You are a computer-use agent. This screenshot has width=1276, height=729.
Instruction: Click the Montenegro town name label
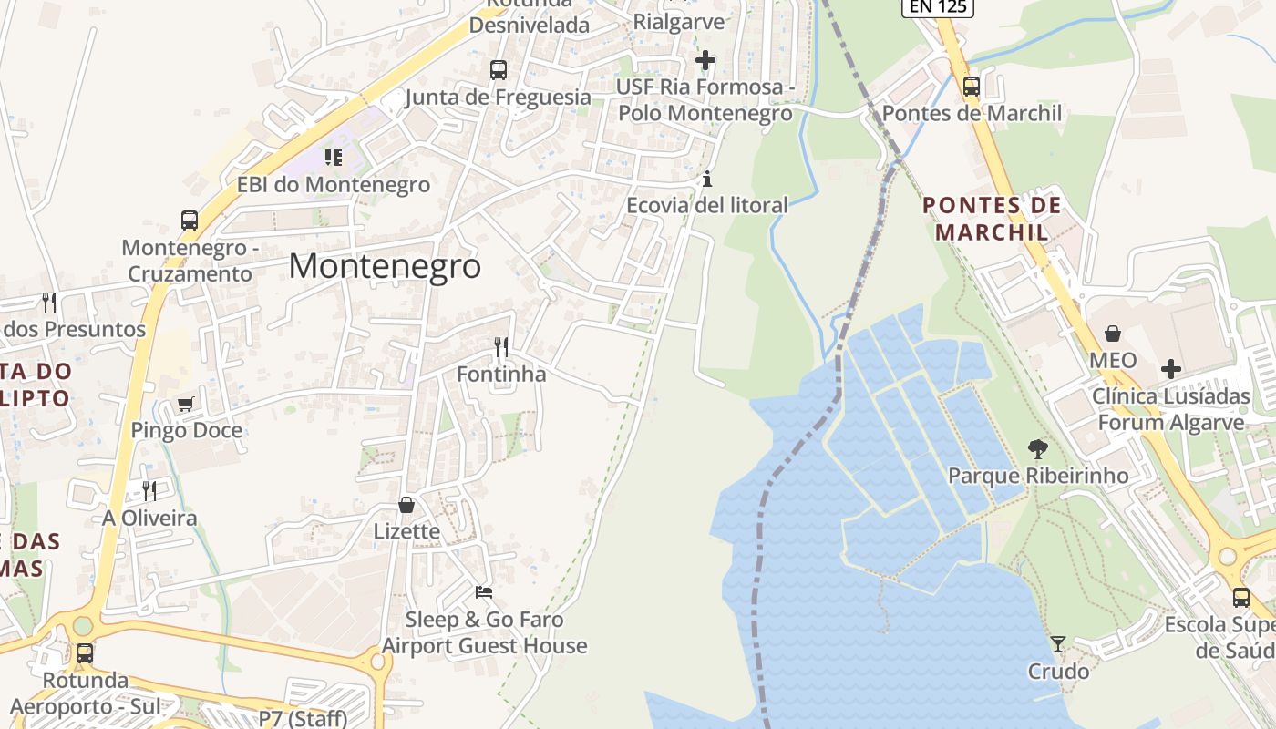click(385, 265)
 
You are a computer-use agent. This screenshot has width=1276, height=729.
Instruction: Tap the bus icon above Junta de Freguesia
click(499, 69)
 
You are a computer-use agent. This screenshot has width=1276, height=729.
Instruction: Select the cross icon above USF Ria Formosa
click(705, 60)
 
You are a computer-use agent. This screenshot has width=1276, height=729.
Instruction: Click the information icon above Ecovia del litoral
click(706, 179)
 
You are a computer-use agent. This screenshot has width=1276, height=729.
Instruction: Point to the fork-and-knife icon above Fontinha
click(501, 347)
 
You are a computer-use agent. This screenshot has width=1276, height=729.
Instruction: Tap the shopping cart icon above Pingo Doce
click(186, 404)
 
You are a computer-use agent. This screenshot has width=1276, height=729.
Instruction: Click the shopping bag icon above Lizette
click(406, 505)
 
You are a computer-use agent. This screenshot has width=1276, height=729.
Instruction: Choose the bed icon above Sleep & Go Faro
click(484, 593)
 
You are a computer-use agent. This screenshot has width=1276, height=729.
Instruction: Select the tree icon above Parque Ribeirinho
click(1037, 448)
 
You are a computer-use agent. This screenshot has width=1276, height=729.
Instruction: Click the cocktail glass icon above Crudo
click(1057, 644)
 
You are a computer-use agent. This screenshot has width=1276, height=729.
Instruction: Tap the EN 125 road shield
click(938, 7)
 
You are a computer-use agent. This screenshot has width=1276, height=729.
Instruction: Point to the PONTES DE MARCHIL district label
click(993, 219)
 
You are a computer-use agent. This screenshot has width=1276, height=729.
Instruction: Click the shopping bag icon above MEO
click(1112, 334)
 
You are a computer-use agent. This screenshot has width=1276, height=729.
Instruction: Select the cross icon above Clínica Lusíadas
click(1171, 369)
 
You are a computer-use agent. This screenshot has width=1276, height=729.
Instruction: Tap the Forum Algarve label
click(1170, 423)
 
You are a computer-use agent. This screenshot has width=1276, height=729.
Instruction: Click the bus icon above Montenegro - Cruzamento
click(190, 221)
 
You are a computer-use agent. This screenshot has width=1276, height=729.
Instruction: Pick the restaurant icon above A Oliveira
click(149, 491)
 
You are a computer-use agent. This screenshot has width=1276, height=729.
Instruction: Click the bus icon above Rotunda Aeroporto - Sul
click(85, 653)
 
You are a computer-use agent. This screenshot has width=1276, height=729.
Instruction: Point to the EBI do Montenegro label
click(334, 185)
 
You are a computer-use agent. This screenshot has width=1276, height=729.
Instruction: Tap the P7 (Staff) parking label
click(303, 719)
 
